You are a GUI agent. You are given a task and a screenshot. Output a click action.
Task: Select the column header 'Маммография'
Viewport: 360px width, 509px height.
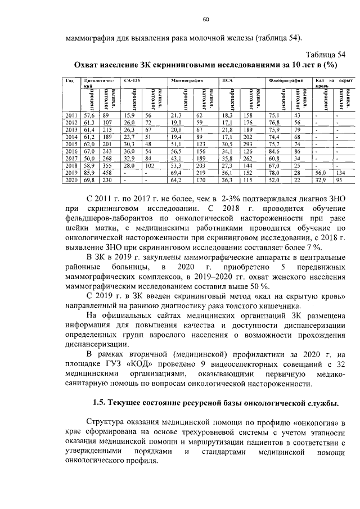[187, 80]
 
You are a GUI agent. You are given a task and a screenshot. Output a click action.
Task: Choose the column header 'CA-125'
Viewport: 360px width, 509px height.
[131, 80]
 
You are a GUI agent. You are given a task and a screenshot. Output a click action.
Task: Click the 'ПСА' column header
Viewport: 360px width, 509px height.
[227, 80]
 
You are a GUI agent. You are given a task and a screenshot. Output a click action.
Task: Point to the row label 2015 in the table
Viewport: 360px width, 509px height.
[71, 144]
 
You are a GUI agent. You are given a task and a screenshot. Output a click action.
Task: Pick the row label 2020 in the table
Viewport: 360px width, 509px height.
[71, 180]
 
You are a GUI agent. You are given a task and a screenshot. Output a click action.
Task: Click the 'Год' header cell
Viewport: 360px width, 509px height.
[70, 80]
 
